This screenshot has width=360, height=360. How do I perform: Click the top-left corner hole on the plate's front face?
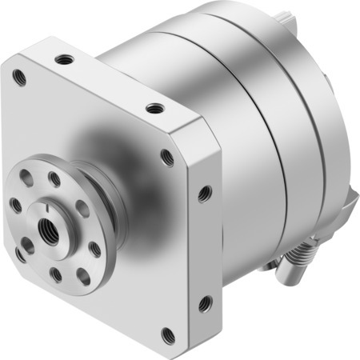(x=20, y=78)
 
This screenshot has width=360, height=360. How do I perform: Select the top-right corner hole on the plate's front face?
(x=167, y=158)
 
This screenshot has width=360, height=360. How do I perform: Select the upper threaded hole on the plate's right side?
(x=206, y=193)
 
